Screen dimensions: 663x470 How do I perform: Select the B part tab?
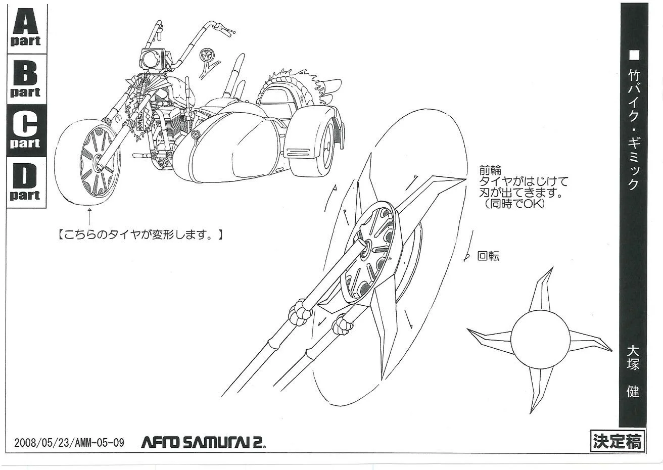(25, 79)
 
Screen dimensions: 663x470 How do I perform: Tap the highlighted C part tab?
(25, 130)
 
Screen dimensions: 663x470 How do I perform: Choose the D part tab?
(25, 182)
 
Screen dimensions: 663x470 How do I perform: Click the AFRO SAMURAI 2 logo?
(203, 443)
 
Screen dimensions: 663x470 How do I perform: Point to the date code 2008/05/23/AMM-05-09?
(69, 443)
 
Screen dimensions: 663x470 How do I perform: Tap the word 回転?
(488, 256)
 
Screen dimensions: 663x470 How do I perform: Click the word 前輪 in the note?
(490, 171)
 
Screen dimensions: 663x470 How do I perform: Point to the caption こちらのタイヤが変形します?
(139, 234)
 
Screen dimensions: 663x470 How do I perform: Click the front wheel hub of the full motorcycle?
(98, 163)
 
